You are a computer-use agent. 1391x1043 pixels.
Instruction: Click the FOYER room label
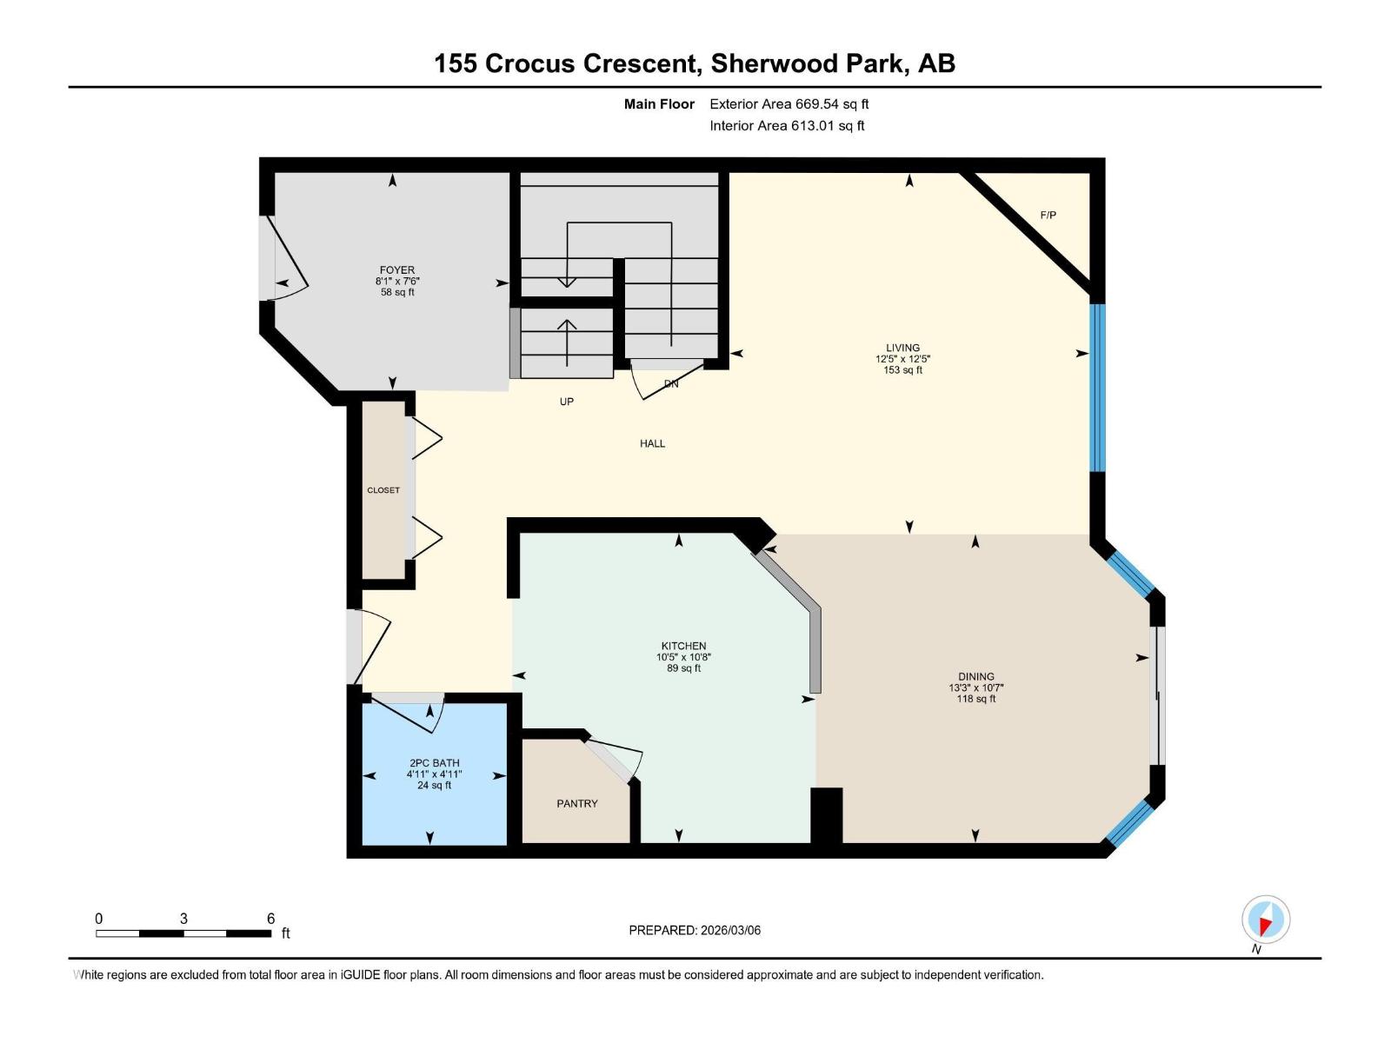pyautogui.click(x=396, y=270)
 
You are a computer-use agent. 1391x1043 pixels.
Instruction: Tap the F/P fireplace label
pyautogui.click(x=1048, y=215)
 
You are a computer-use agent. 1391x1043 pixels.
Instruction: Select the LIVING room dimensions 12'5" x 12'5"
pyautogui.click(x=902, y=359)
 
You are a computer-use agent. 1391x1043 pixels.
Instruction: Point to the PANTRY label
pyautogui.click(x=577, y=804)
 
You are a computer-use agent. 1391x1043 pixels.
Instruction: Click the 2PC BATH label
pyautogui.click(x=434, y=763)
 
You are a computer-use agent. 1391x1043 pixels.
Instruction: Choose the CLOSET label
pyautogui.click(x=383, y=490)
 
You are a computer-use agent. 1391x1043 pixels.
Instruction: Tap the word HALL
pyautogui.click(x=652, y=443)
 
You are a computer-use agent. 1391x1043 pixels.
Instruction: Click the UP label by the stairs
pyautogui.click(x=566, y=402)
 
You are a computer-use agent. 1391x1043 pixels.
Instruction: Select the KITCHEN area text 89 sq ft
pyautogui.click(x=683, y=668)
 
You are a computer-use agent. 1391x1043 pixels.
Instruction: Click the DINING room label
pyautogui.click(x=975, y=676)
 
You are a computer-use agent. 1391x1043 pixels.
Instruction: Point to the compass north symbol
pyautogui.click(x=1266, y=920)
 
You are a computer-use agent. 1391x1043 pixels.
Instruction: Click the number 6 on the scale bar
pyautogui.click(x=270, y=919)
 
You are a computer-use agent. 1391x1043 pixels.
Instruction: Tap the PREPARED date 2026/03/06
pyautogui.click(x=730, y=930)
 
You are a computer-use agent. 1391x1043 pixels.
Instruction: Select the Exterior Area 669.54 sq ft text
pyautogui.click(x=789, y=104)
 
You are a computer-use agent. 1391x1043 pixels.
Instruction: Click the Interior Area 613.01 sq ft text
pyautogui.click(x=787, y=126)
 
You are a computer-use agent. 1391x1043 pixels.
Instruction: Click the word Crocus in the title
pyautogui.click(x=529, y=63)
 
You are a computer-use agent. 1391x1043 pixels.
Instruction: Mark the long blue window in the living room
pyautogui.click(x=1098, y=387)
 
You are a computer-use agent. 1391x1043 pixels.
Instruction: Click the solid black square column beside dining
pyautogui.click(x=826, y=814)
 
